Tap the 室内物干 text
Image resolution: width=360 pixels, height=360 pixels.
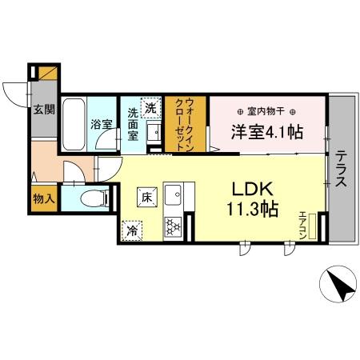pyautogui.click(x=269, y=111)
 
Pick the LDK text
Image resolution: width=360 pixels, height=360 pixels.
pyautogui.click(x=254, y=190)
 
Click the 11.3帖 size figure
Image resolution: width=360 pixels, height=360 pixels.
pyautogui.click(x=255, y=210)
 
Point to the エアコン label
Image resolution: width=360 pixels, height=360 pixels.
pyautogui.click(x=302, y=224)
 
